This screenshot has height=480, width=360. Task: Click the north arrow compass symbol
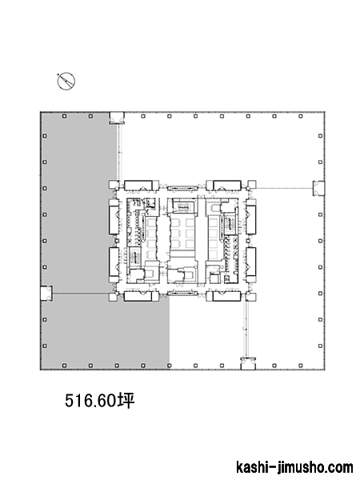click(66, 82)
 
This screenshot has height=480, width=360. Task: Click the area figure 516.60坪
click(99, 401)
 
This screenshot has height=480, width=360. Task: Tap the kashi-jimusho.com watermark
click(294, 468)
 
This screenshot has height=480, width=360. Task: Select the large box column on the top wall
click(117, 118)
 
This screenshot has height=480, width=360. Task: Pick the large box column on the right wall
click(318, 188)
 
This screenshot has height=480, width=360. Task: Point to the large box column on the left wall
click(46, 294)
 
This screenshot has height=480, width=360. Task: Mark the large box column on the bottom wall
click(248, 363)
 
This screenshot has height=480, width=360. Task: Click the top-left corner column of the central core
click(114, 185)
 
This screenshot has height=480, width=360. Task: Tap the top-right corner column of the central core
click(252, 185)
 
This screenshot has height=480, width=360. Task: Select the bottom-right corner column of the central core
click(252, 297)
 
